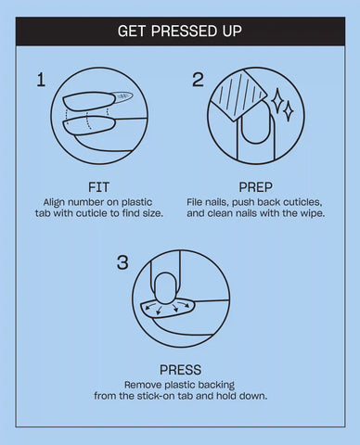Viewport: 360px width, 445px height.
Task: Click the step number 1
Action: (x=41, y=80)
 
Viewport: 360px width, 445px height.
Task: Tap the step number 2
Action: (x=198, y=80)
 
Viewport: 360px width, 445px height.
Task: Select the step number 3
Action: (x=122, y=262)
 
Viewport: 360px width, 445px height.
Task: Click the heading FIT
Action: (x=98, y=187)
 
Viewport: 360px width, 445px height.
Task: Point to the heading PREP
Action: (x=255, y=187)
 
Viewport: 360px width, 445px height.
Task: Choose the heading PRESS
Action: (x=180, y=370)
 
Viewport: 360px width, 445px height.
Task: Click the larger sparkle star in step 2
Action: (x=277, y=99)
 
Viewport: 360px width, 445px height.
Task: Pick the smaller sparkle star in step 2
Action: (x=289, y=110)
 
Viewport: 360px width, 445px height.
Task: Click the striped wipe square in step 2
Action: (x=239, y=95)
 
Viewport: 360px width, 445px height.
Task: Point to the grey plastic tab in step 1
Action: (x=123, y=95)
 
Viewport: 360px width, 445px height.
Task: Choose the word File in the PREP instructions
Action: (x=195, y=202)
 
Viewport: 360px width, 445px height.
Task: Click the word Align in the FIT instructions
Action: (x=54, y=202)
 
